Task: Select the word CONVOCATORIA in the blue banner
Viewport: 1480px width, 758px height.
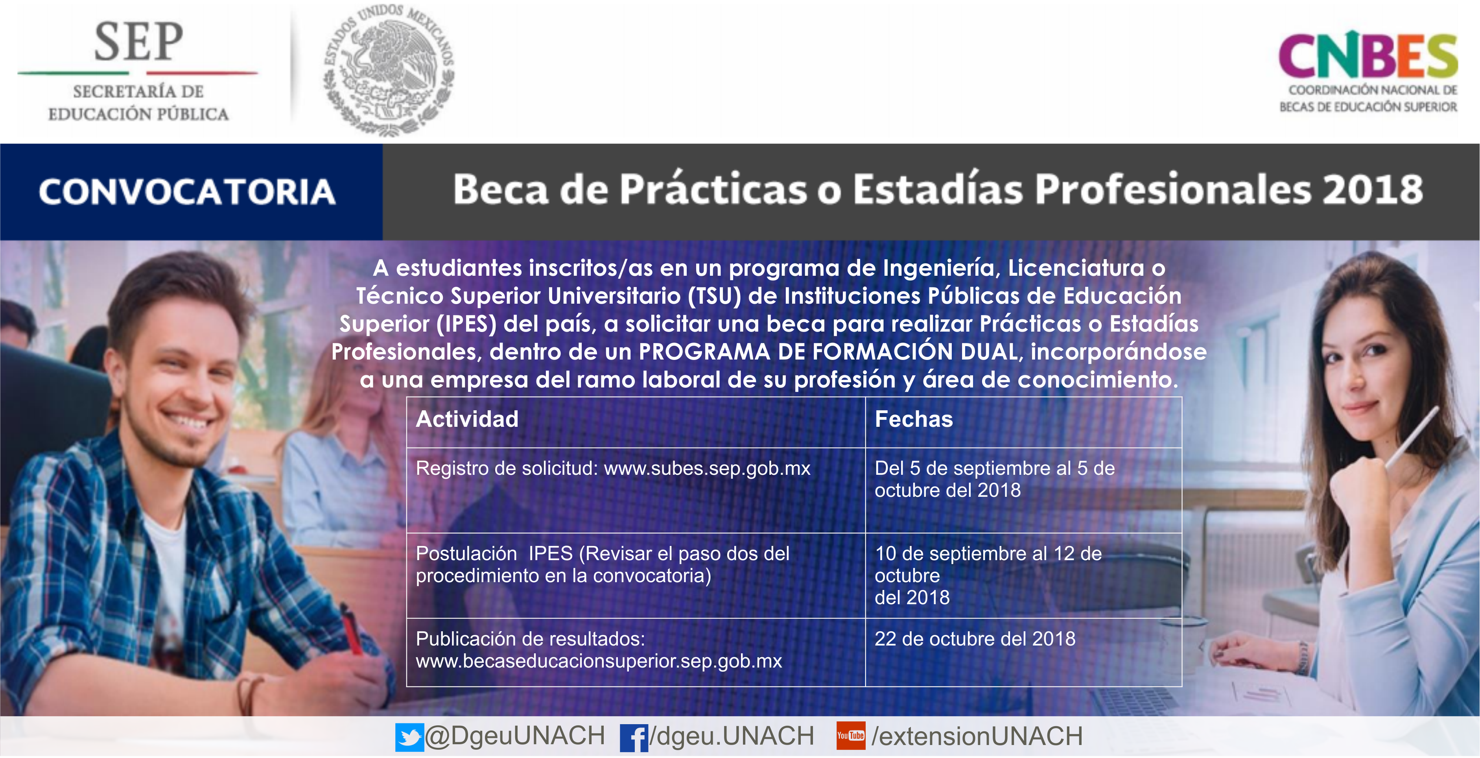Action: pos(187,191)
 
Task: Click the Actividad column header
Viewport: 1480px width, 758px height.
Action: pos(467,419)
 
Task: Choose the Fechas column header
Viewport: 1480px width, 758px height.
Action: pos(914,419)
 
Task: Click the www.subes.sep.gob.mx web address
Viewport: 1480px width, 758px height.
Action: pos(707,469)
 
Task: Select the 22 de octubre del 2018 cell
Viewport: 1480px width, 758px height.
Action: pos(975,639)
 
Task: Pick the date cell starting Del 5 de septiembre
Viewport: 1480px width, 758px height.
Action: pos(995,479)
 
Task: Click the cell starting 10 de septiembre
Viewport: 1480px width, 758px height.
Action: pos(988,575)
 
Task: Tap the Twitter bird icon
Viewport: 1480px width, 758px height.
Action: pos(409,737)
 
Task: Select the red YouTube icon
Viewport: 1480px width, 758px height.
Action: pos(850,736)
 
